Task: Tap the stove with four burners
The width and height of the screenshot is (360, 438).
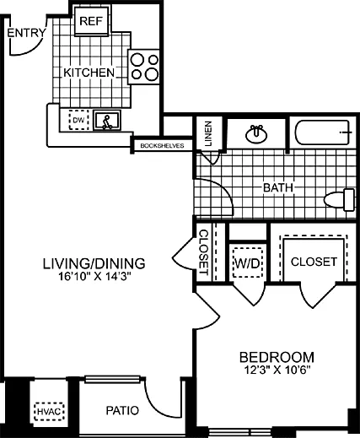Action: coord(144,66)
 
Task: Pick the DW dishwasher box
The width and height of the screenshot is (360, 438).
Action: coord(78,121)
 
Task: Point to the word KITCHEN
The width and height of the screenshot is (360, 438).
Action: coord(89,73)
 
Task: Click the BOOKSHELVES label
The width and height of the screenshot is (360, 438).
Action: coord(162,146)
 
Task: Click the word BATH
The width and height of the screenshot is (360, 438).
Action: coord(277,187)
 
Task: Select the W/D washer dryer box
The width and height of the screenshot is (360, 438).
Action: coord(247,262)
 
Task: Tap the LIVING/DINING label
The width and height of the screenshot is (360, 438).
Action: coord(94,262)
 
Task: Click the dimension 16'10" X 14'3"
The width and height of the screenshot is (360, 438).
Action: coord(94,275)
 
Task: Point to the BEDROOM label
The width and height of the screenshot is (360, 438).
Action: coord(277,356)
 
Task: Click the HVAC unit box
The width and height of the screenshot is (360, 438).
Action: coord(46,411)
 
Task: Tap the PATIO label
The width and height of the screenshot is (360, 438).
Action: coord(123,411)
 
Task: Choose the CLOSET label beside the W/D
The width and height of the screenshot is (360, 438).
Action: coord(314,262)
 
